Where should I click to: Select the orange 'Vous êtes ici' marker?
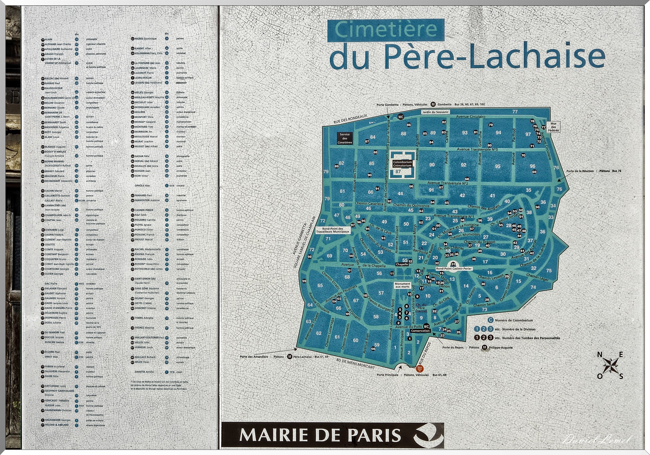click(420, 369)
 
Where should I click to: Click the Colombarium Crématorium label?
click(402, 164)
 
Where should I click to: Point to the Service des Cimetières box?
click(345, 138)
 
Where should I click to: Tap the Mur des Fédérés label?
click(553, 127)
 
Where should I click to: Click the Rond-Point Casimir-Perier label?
click(453, 268)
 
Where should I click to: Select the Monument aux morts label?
click(402, 285)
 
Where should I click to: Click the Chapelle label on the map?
click(402, 264)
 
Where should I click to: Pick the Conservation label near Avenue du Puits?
click(420, 331)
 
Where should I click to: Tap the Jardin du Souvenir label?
click(435, 112)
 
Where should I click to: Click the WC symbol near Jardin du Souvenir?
click(401, 117)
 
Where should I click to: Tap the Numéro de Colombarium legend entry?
click(514, 320)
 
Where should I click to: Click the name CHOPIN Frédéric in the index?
click(54, 235)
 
